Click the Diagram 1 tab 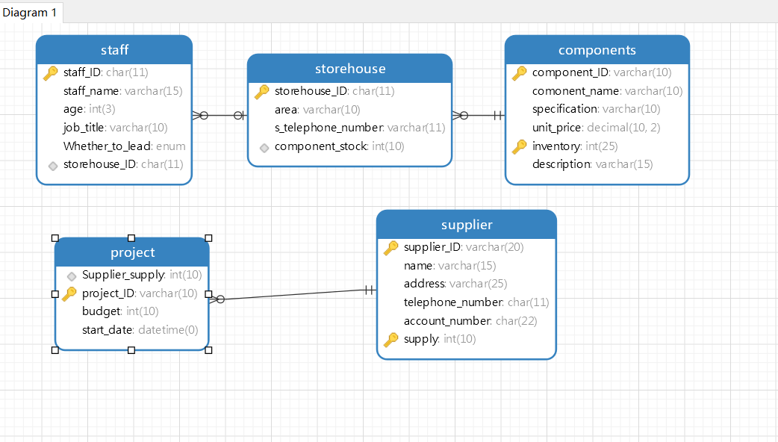[x=30, y=13]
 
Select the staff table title [x=115, y=50]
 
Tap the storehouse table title [x=350, y=69]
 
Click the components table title [x=597, y=50]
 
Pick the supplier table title [x=467, y=225]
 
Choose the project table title [x=132, y=253]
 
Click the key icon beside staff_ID [x=51, y=73]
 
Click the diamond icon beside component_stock [x=264, y=147]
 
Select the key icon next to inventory [x=519, y=146]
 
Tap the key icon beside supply [x=391, y=339]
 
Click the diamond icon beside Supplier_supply [x=72, y=276]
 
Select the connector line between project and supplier [x=293, y=295]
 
